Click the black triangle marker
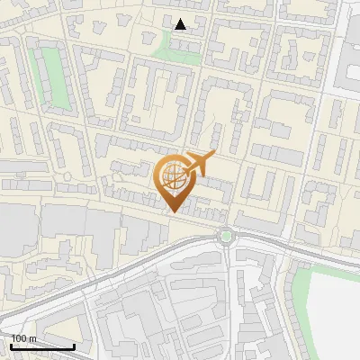[x=181, y=24]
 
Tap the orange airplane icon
[x=199, y=164]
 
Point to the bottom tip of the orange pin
[x=173, y=212]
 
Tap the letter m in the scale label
[x=33, y=338]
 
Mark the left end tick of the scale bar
[x=11, y=345]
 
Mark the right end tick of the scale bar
[x=74, y=345]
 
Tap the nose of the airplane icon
[x=214, y=157]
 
